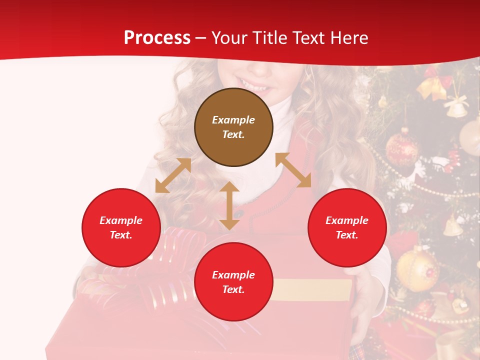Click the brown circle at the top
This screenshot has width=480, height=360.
click(x=233, y=127)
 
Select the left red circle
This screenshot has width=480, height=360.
click(x=121, y=227)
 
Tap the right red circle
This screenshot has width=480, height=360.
click(x=347, y=227)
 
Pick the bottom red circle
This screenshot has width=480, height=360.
click(x=233, y=282)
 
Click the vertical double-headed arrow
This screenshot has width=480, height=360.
click(x=229, y=205)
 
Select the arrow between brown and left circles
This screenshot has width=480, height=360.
click(x=173, y=175)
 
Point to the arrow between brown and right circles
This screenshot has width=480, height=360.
click(x=293, y=170)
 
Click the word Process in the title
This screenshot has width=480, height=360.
click(x=157, y=37)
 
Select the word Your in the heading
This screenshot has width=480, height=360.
click(x=229, y=37)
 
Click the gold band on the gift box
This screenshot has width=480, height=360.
click(x=312, y=290)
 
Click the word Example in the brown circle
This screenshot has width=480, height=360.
click(x=233, y=120)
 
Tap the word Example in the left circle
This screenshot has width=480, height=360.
click(x=121, y=220)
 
